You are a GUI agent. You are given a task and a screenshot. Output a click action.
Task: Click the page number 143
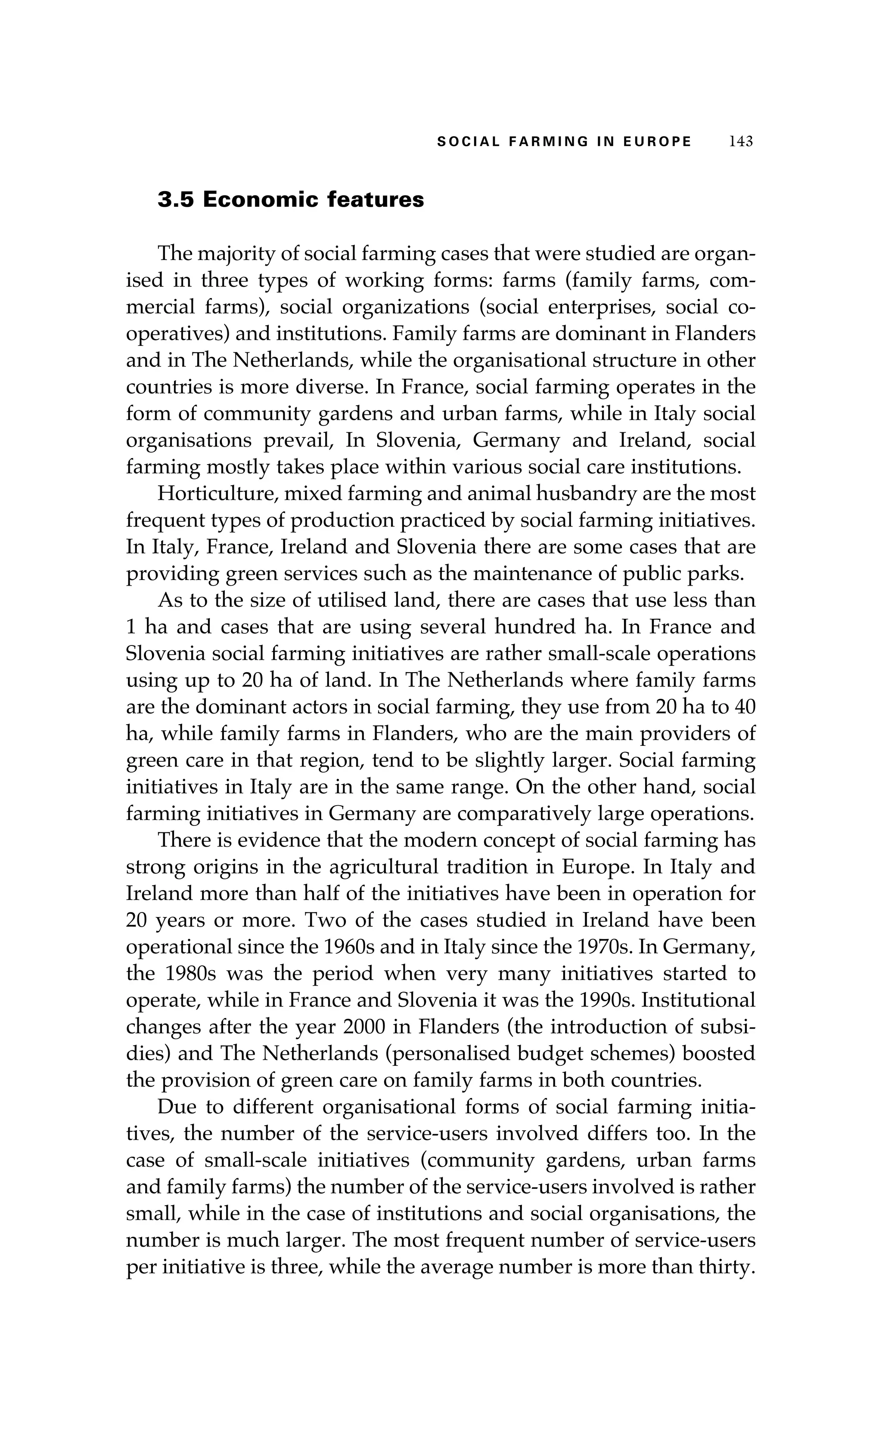pyautogui.click(x=740, y=142)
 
